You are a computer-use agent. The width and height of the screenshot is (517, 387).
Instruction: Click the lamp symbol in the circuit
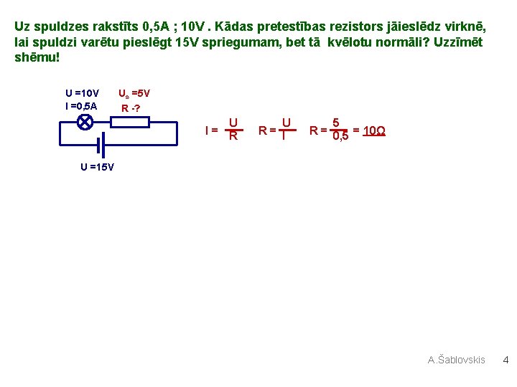[x=84, y=121]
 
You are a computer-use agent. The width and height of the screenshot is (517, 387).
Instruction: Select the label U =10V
[x=83, y=93]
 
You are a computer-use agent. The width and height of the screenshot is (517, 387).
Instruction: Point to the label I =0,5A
[x=81, y=106]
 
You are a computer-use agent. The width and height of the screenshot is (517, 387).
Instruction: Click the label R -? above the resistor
[x=131, y=108]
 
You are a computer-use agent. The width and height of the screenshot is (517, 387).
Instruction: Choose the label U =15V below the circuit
[x=97, y=167]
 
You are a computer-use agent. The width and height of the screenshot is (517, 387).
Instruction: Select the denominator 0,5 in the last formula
[x=340, y=137]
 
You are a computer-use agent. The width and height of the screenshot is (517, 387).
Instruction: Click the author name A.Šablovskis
[x=457, y=360]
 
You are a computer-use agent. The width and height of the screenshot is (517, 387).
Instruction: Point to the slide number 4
[x=505, y=360]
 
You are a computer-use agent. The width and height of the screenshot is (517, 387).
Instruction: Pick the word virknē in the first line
[x=467, y=27]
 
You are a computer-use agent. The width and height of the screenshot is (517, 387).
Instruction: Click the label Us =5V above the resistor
[x=134, y=93]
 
